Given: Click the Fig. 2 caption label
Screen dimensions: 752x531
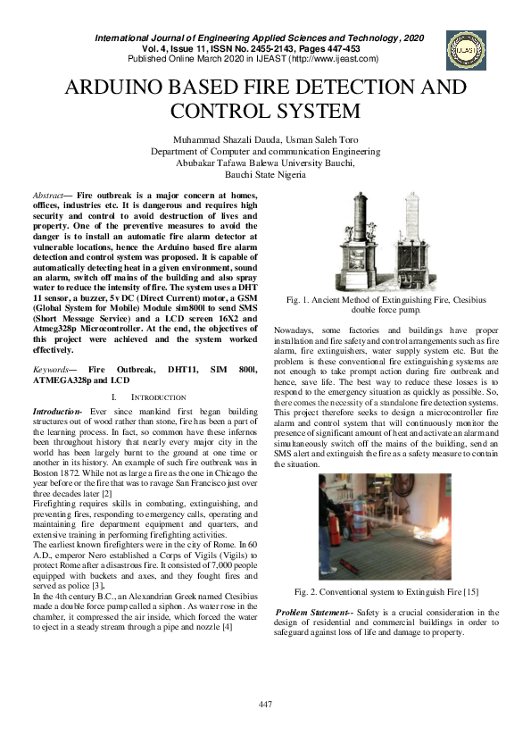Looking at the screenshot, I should [306, 590].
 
